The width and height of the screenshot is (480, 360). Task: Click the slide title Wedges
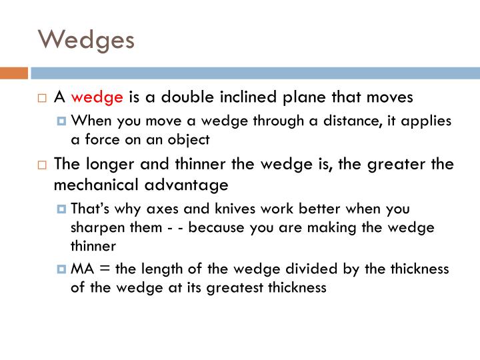point(86,39)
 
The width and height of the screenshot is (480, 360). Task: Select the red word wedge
point(97,97)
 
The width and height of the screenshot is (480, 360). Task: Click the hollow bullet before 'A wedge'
point(41,98)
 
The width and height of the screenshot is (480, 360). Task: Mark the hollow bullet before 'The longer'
point(41,164)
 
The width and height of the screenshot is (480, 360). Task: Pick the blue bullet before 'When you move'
point(62,122)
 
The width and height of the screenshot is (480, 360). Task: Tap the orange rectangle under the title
point(13,73)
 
